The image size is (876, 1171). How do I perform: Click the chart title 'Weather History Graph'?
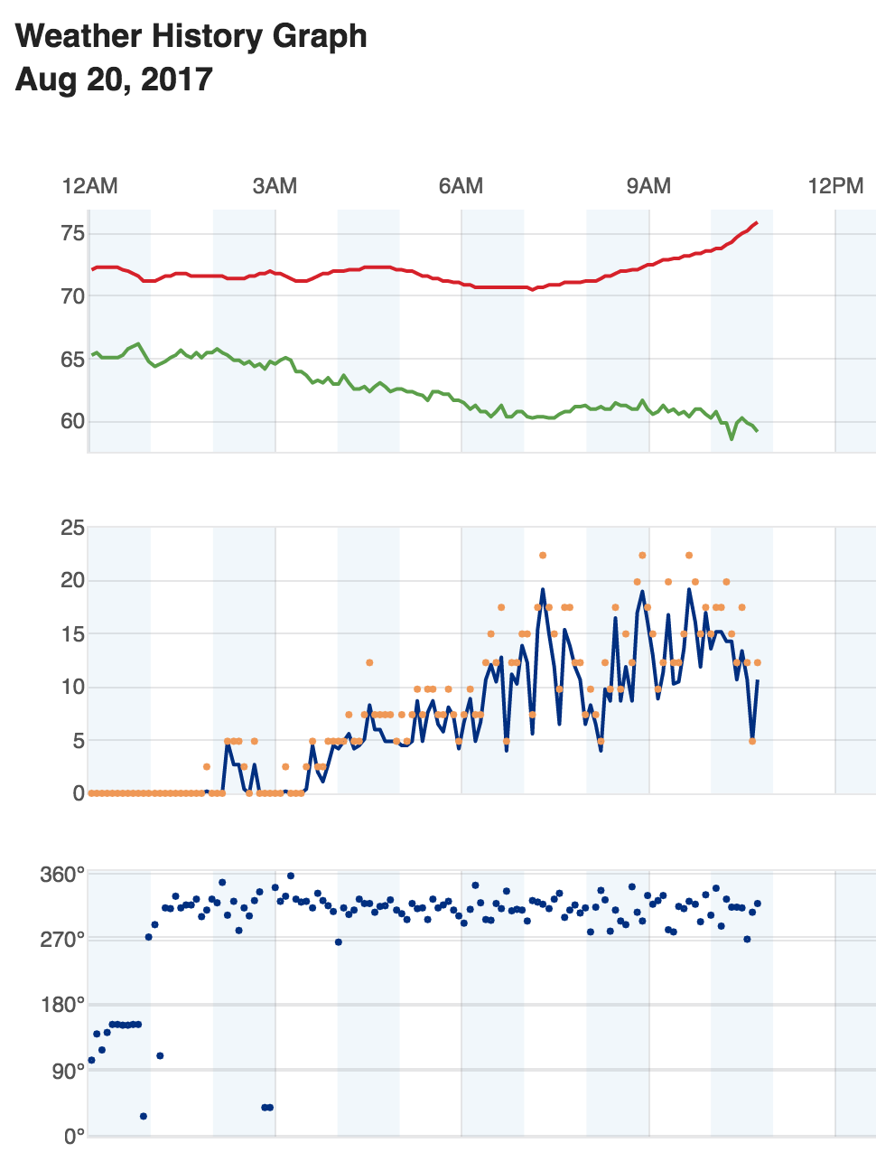tap(191, 36)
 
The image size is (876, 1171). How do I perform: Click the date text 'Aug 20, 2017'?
tap(114, 80)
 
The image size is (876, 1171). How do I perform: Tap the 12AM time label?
tap(89, 186)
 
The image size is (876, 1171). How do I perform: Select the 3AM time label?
tap(275, 186)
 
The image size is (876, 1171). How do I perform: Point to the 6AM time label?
tap(461, 186)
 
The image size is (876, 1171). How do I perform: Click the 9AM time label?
tap(648, 186)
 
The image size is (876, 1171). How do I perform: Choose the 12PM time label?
tap(835, 186)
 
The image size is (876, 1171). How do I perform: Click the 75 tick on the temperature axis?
tap(73, 234)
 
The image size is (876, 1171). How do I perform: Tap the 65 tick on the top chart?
tap(73, 360)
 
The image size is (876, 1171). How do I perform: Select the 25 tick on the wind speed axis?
tap(72, 528)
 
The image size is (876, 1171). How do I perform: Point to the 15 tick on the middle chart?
tap(72, 634)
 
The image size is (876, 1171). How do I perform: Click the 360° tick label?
tap(62, 875)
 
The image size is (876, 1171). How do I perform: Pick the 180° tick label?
tap(62, 1005)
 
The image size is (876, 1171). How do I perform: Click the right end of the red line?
tap(757, 222)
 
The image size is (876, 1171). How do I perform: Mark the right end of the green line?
tap(757, 430)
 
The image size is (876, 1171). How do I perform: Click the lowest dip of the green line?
tap(732, 438)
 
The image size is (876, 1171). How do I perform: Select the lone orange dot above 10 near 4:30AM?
tap(369, 662)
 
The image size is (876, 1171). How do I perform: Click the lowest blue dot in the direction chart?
tap(144, 1116)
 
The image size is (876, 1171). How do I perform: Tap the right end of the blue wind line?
tap(758, 681)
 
